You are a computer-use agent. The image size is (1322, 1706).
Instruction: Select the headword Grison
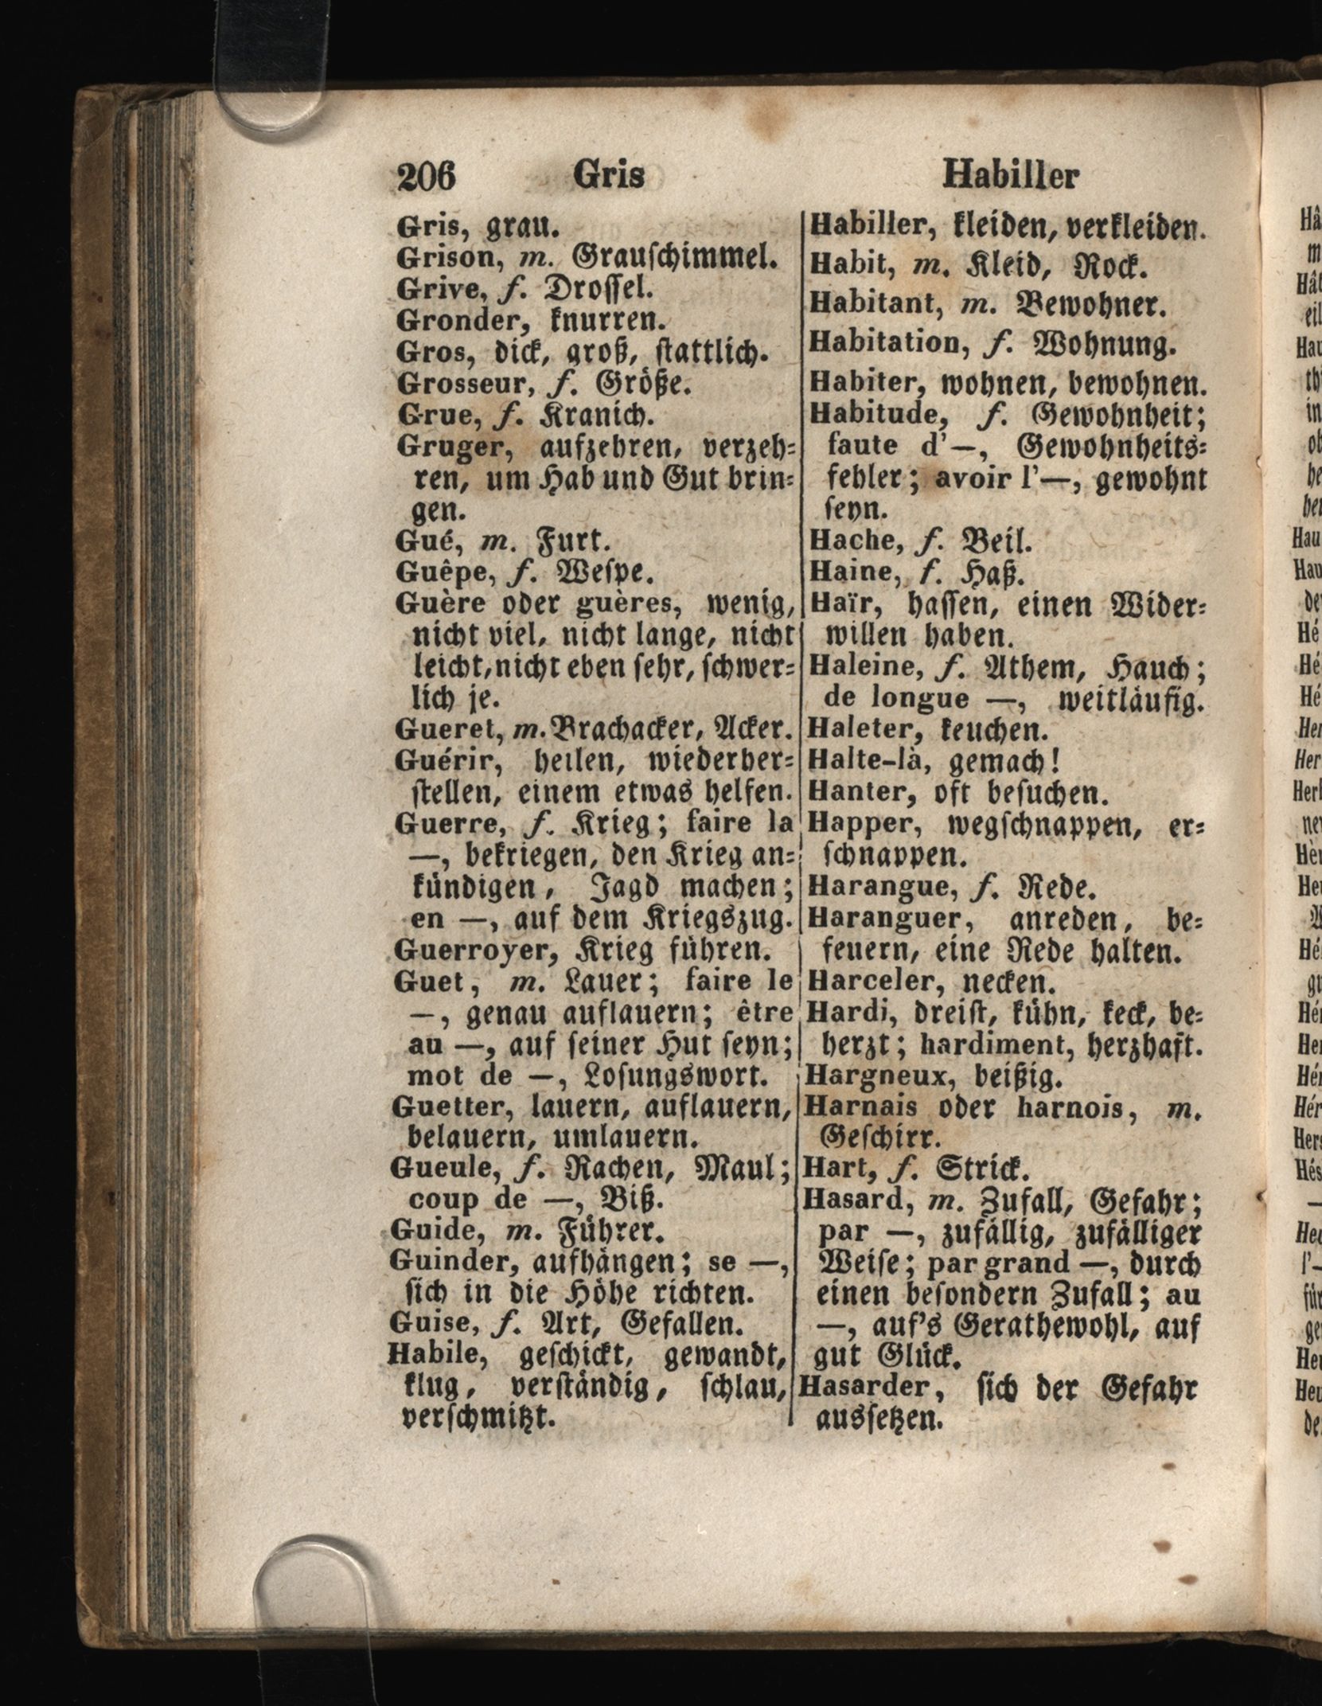439,258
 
